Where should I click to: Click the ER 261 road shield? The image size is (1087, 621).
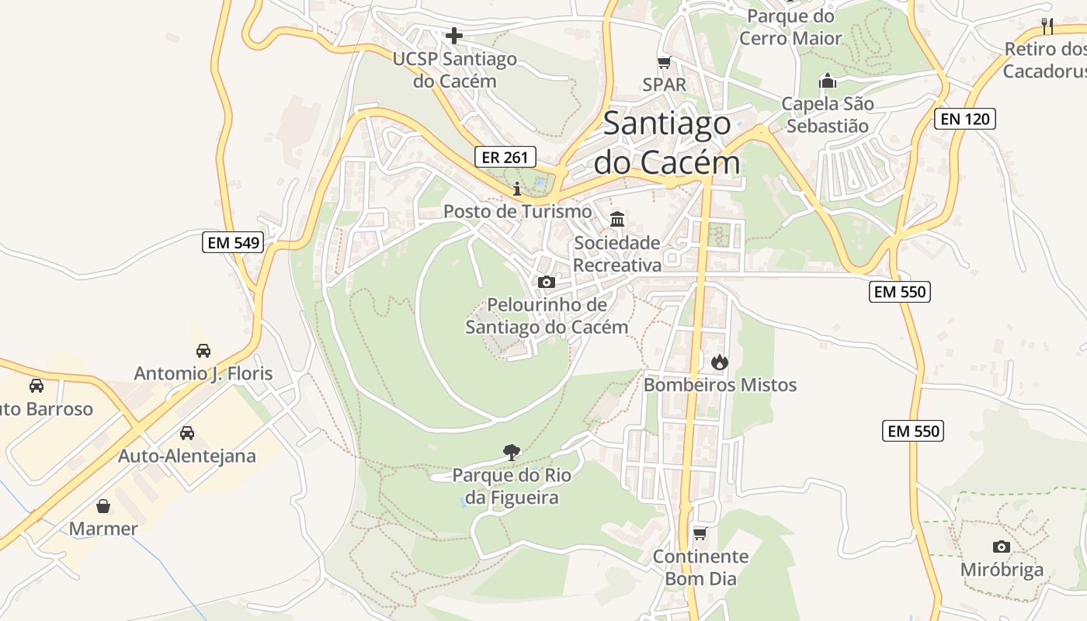coord(505,158)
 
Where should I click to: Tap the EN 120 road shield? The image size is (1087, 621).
coord(964,119)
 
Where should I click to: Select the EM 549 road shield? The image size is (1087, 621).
coord(234,242)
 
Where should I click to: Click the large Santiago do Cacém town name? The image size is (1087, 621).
coord(667,143)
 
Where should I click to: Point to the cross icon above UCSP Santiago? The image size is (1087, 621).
coord(454,36)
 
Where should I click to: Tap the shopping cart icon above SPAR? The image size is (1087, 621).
coord(664,63)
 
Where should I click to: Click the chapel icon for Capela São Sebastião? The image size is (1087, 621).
coord(828,81)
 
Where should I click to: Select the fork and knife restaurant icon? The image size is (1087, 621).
coord(1047,26)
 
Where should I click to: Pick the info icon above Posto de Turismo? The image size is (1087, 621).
coord(517,189)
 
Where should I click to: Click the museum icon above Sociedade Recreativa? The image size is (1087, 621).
coord(617,220)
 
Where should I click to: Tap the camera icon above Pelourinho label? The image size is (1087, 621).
coord(547,282)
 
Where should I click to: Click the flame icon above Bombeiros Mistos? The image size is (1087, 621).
coord(720,362)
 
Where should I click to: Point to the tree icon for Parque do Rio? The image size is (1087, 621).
coord(511,452)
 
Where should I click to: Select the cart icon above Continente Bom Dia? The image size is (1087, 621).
coord(700,533)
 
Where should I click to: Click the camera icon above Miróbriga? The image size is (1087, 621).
coord(1002,546)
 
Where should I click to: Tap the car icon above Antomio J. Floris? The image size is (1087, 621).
coord(203,351)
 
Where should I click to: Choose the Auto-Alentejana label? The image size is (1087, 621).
coord(186,456)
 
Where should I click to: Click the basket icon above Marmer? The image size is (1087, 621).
coord(103,506)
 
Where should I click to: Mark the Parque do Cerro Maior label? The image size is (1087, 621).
coord(790,27)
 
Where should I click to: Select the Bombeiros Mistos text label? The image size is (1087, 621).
coord(720,385)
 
